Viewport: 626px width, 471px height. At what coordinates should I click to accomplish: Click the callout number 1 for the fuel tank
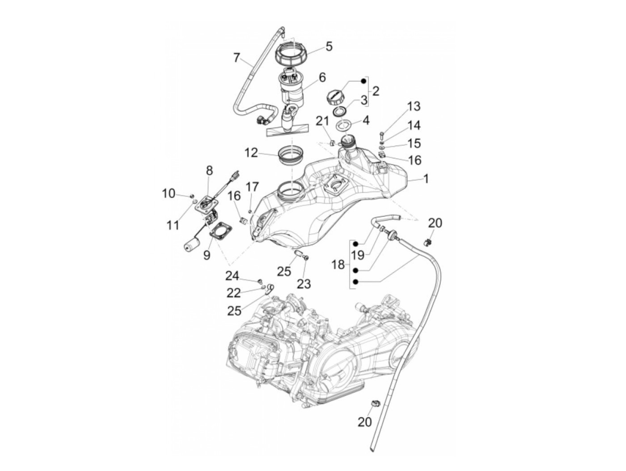tap(426, 179)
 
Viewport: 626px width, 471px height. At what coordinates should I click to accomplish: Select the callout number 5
tap(329, 47)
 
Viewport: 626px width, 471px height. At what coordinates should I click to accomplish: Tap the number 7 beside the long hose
tap(237, 58)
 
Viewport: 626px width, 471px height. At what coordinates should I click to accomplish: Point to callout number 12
tap(251, 153)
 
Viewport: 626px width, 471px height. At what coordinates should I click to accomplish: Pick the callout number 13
tap(414, 107)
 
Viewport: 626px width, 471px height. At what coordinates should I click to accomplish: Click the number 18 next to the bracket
tap(338, 265)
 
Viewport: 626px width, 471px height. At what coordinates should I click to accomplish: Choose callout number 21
tap(322, 121)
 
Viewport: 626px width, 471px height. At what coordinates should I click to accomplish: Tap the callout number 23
tap(304, 284)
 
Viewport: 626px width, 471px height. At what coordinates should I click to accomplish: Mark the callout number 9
tap(206, 255)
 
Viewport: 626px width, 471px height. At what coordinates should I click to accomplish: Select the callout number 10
tap(169, 193)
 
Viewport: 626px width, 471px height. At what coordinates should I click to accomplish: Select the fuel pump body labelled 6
tap(292, 90)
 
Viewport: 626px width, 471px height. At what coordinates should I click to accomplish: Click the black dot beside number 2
tap(364, 81)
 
